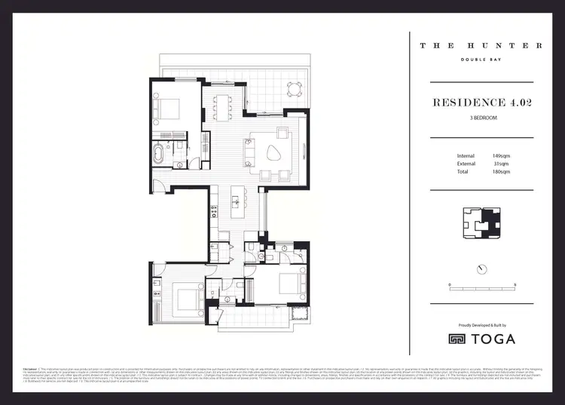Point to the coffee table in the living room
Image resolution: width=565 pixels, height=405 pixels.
click(270, 152)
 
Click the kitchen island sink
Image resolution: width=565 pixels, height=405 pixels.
click(235, 201)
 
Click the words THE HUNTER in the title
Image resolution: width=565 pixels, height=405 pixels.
click(481, 45)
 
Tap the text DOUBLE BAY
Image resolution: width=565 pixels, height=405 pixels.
click(481, 60)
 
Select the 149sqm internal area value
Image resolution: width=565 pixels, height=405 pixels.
click(502, 156)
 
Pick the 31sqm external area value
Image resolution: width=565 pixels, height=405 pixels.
click(500, 164)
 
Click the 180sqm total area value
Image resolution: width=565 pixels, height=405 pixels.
click(502, 172)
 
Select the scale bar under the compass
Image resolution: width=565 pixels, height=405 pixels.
click(481, 287)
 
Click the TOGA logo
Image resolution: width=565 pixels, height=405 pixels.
click(482, 339)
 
